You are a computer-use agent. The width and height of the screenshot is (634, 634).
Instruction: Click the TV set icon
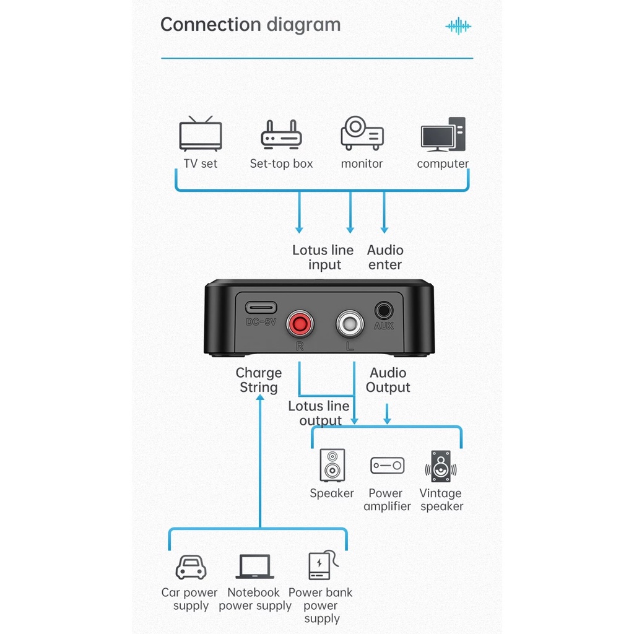201,134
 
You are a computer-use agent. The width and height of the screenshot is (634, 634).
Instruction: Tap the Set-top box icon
281,134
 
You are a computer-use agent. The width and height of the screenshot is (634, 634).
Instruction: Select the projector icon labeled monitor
362,132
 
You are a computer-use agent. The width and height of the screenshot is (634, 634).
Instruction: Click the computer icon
443,134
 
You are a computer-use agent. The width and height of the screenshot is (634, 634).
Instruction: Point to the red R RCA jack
300,323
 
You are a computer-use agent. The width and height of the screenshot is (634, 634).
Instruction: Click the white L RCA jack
350,323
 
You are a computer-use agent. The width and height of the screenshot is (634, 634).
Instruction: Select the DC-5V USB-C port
260,307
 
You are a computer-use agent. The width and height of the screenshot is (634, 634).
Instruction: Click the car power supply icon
191,567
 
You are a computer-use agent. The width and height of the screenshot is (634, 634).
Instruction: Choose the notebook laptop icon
254,567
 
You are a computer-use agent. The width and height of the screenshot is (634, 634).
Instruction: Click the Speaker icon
332,465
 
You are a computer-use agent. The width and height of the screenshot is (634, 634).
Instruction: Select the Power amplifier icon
387,466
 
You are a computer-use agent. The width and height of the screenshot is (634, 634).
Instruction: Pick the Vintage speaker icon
441,466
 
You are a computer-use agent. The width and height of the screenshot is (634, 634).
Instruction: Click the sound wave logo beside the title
458,26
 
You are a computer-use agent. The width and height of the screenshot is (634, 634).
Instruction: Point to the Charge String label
258,380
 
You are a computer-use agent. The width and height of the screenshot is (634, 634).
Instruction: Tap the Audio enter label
384,257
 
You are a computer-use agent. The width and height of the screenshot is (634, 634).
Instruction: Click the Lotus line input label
323,257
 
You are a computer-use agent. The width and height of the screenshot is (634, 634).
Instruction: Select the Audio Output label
388,380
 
